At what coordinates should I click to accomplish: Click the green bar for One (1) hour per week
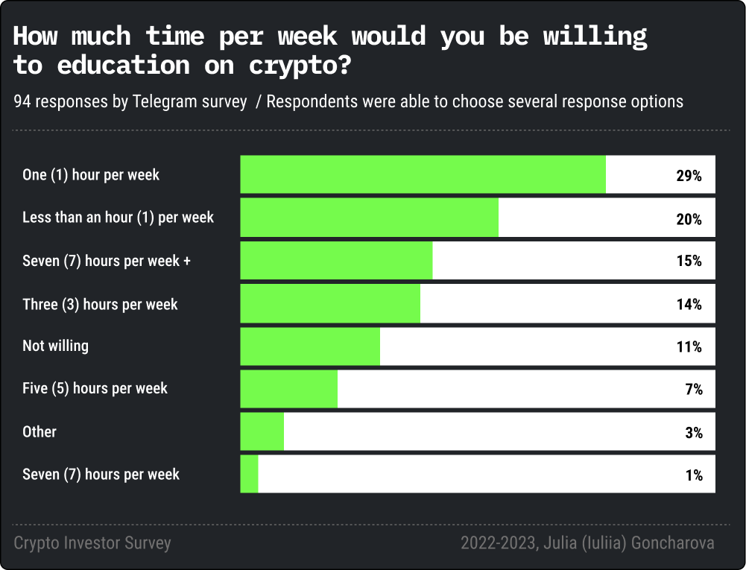tap(423, 175)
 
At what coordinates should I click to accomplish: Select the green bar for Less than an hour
tap(369, 218)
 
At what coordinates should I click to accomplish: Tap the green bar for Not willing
tap(310, 346)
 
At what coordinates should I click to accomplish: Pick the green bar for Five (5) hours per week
tap(288, 389)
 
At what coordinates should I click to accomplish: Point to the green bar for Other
tap(262, 431)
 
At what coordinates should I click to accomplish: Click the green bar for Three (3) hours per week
tap(330, 304)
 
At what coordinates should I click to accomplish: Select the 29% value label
tap(689, 177)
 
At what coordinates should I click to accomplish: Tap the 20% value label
tap(689, 219)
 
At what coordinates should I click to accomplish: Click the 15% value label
tap(689, 262)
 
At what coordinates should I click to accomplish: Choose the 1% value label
tap(694, 475)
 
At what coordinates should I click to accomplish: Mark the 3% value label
tap(694, 433)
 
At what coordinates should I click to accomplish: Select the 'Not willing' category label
tap(55, 346)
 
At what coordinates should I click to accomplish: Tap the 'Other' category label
tap(39, 431)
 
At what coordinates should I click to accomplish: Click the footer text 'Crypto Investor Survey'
tap(92, 543)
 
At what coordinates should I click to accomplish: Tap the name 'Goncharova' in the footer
tap(672, 543)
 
